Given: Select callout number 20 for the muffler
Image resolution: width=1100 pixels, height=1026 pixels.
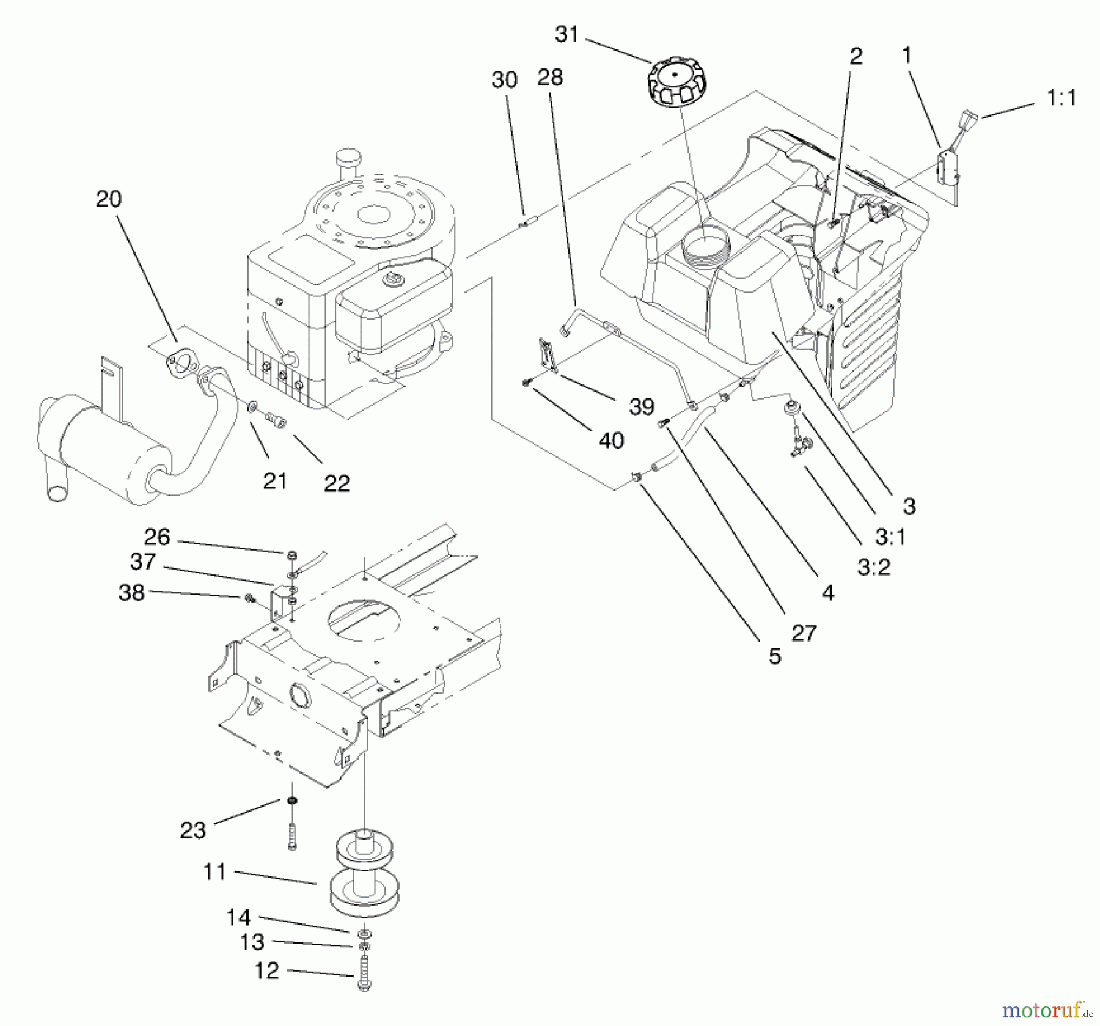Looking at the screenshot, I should coord(109,199).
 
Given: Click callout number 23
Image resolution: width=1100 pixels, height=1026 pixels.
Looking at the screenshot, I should coord(193,830).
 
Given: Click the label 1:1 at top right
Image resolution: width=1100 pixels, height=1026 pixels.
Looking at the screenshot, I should coord(1061,98).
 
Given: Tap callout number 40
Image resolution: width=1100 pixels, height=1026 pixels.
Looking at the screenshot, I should coord(612,440).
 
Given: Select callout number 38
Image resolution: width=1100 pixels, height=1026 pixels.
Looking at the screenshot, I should coord(131,592).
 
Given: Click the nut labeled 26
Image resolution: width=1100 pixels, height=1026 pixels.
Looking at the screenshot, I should coord(292,554).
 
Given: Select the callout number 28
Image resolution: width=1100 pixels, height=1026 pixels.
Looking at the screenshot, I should coord(550,78).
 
